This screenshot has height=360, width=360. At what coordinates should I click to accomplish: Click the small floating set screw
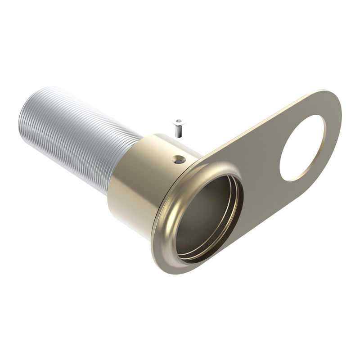point(179,128)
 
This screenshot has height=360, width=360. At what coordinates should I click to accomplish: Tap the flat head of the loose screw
point(179,122)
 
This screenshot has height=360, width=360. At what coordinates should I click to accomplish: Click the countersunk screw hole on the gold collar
point(180,159)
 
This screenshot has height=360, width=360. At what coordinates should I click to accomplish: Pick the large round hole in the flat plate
point(302,148)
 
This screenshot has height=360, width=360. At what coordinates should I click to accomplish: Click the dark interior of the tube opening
point(202,216)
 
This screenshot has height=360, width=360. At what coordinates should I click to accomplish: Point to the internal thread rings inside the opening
point(225,229)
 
